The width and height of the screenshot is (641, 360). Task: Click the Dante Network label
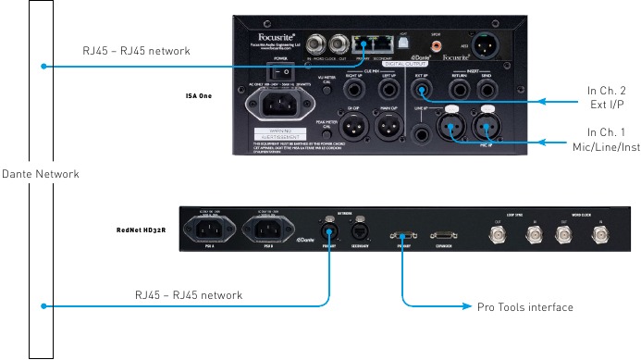tap(40, 174)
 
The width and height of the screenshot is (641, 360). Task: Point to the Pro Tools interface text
tap(525, 307)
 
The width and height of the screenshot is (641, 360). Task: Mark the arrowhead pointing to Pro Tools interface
tap(467, 307)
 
